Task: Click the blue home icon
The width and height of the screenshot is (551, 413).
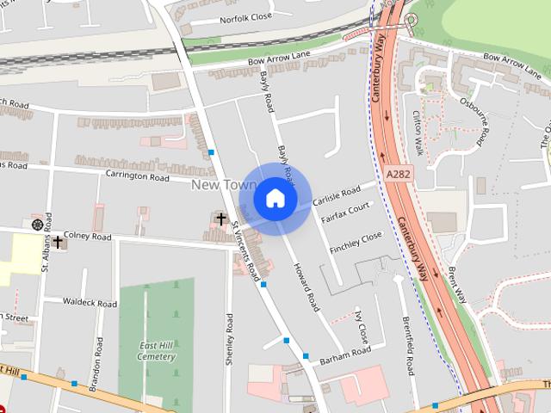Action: (275, 199)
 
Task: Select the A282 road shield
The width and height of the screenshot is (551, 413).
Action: (398, 174)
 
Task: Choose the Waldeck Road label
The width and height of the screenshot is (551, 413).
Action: (90, 303)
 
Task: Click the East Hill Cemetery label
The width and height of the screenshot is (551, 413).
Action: (157, 351)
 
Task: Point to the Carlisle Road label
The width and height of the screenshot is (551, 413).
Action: (337, 197)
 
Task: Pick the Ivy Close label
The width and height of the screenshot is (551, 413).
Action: (361, 328)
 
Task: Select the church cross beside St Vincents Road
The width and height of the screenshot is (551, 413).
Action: (221, 219)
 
